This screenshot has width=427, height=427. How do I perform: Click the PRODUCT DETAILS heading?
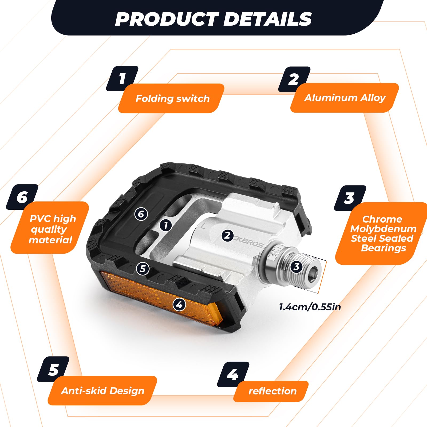point(213,19)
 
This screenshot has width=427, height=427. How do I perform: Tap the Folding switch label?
point(172,98)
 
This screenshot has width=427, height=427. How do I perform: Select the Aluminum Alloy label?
point(345,98)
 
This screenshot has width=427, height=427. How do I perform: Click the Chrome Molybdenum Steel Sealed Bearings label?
point(383,234)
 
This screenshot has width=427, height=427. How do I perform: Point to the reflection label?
point(272,391)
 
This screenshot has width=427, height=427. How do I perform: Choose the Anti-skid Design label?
point(103,391)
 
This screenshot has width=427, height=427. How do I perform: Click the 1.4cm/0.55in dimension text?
point(310,307)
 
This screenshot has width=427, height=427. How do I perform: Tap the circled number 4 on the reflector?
point(179,304)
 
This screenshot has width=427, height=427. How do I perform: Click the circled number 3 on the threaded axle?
point(296,266)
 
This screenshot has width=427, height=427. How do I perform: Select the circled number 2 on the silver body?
point(227,235)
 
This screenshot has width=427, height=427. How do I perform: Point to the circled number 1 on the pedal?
point(166,225)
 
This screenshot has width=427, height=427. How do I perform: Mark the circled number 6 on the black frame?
point(141,214)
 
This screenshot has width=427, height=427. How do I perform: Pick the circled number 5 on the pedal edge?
point(143,268)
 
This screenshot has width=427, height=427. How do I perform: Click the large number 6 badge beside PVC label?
point(22,197)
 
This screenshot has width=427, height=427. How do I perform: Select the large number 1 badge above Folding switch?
point(122,78)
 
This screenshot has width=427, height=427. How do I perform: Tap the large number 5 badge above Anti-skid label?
point(53,369)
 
